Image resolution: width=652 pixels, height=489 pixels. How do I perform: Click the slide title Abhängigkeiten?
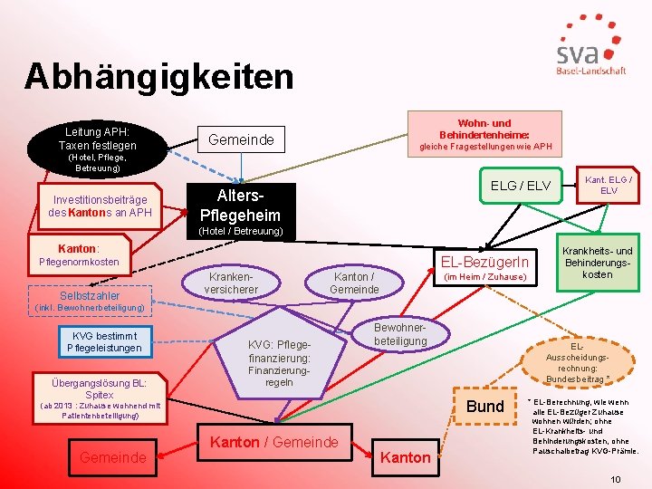pos(158,76)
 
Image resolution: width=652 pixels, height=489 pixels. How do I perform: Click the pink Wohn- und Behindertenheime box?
pos(484,135)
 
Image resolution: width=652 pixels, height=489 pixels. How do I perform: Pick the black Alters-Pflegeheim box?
pos(240,206)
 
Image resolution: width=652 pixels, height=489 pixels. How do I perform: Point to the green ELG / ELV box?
pos(520,186)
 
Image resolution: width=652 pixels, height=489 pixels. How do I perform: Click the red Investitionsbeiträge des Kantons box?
pos(100,206)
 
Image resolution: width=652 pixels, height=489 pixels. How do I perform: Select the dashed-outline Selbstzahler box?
pos(89,296)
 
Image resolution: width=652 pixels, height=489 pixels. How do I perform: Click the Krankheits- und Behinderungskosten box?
pos(598,263)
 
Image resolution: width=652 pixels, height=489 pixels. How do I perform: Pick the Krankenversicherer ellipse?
pos(233,283)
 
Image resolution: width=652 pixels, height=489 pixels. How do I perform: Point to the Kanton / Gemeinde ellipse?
pos(354,283)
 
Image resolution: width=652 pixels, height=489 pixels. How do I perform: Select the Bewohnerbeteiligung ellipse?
pos(400,334)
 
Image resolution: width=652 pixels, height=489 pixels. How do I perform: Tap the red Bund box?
pos(484,406)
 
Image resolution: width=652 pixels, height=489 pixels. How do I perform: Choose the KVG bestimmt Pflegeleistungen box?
pos(92,341)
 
